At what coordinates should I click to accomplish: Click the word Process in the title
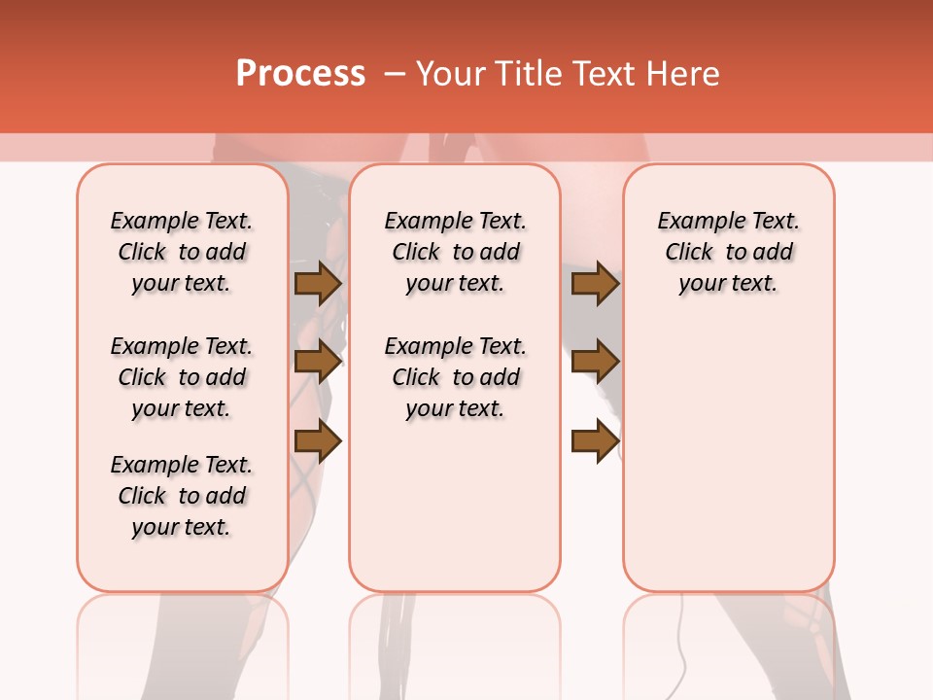300,74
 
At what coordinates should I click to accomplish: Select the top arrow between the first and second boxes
317,283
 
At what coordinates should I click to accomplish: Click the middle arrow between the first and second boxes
317,362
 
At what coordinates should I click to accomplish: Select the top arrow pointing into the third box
595,283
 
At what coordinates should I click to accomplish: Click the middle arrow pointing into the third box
595,362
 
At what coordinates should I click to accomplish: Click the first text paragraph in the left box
182,252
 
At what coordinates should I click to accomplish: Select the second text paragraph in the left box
182,377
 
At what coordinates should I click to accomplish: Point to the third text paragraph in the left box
182,496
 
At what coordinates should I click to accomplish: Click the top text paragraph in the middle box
455,252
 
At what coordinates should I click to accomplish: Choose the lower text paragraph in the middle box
455,377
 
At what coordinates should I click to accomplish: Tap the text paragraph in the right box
729,252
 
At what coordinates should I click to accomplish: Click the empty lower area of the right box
729,457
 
